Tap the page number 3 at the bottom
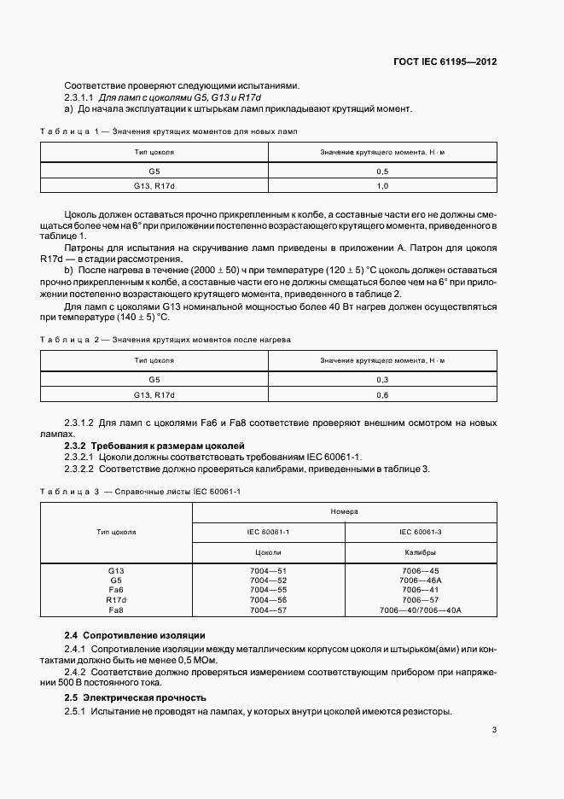point(494,730)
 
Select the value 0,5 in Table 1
point(382,171)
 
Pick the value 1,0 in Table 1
point(382,186)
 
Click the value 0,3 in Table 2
point(382,380)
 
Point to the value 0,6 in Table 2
point(382,395)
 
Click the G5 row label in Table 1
point(154,171)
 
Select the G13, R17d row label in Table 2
point(154,395)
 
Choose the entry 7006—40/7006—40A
point(420,610)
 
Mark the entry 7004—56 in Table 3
point(269,600)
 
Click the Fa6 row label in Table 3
point(116,590)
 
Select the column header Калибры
point(420,552)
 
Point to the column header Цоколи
point(269,552)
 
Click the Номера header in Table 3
point(345,511)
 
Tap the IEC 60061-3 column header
point(420,532)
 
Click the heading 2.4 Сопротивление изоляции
point(134,636)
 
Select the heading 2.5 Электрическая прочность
point(135,697)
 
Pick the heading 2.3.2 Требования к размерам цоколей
point(154,446)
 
